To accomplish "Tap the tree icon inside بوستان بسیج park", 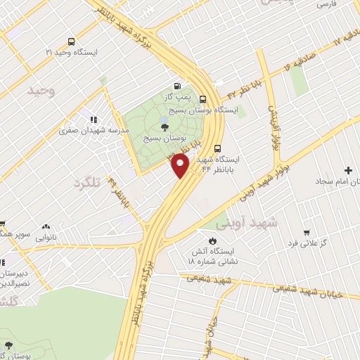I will click(x=165, y=127).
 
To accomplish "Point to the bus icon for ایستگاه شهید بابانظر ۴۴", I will click(x=218, y=148).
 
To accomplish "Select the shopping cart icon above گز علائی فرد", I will click(x=306, y=232).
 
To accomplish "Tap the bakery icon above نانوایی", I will click(x=46, y=226).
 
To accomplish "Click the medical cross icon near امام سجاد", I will click(x=348, y=170).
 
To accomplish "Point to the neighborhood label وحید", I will click(x=40, y=91).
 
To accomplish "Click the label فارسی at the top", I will click(x=326, y=5).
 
